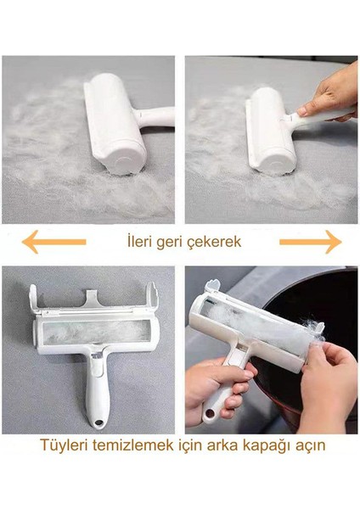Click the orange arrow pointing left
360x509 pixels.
(54, 242)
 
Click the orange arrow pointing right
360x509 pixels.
(311, 242)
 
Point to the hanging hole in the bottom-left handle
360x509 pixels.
(98, 423)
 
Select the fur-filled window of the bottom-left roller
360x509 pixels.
(95, 332)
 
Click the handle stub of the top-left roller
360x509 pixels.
(155, 116)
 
